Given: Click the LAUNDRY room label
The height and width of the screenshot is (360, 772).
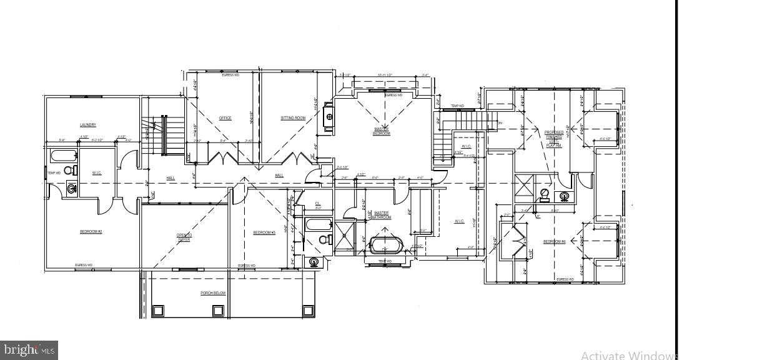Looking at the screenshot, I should (x=87, y=125).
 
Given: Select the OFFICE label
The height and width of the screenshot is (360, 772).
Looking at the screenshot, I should (x=225, y=118).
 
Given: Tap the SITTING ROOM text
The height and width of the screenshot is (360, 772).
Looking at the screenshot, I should (x=292, y=118).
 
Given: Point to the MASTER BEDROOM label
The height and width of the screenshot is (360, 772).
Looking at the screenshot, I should (x=382, y=131).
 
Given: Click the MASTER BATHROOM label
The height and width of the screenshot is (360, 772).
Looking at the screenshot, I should (x=382, y=215).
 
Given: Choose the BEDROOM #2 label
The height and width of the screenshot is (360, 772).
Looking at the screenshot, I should (x=91, y=232).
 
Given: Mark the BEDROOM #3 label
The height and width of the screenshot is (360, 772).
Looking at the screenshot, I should (x=264, y=232).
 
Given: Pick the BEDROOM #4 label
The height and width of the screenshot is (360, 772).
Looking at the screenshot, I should (x=554, y=241).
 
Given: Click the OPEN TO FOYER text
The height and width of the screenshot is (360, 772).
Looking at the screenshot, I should (x=184, y=237).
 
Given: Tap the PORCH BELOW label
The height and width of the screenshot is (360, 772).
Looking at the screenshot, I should (x=212, y=293).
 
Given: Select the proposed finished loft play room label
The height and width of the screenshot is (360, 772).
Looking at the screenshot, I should (x=554, y=139).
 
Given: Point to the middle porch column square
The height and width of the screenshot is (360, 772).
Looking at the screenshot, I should (x=218, y=310).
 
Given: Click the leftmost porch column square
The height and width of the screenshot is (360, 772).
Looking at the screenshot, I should (x=158, y=310).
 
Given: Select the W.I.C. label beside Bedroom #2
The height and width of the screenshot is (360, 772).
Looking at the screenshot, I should (x=97, y=173).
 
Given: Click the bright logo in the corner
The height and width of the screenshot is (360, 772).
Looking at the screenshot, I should (x=29, y=350).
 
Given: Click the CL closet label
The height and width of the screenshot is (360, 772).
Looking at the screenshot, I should (x=317, y=204).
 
